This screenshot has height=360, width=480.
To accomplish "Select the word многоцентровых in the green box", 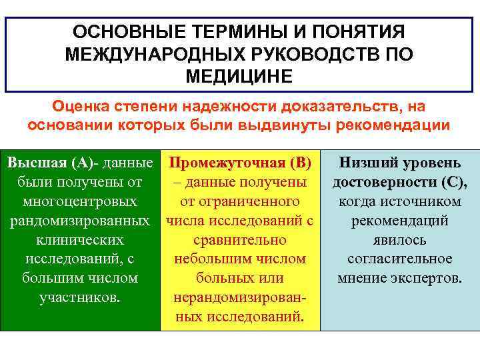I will pos(80,201).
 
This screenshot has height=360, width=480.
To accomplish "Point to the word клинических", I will pos(80,239).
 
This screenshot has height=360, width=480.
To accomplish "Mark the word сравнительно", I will pos(240,239).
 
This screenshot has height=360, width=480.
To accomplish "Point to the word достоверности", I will pos(382,182).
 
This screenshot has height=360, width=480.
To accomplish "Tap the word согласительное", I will pos(399,259).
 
